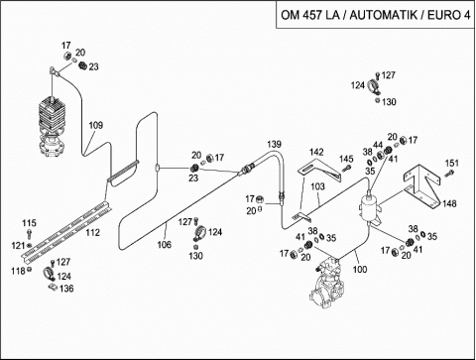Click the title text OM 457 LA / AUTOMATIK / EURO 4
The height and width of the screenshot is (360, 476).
(375, 15)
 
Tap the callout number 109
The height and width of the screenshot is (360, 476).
(96, 125)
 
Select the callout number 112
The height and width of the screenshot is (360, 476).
(93, 233)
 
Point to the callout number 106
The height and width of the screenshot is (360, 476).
(165, 245)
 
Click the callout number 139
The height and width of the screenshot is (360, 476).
(275, 144)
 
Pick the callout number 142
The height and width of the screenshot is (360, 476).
(316, 152)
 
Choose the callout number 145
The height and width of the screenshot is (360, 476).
(346, 159)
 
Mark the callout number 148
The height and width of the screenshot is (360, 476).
(449, 203)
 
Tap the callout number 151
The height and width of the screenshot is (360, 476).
(452, 164)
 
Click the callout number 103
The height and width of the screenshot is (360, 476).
(318, 186)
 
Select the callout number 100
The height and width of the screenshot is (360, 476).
(360, 270)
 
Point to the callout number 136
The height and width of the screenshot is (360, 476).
(66, 289)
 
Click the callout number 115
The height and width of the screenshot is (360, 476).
(29, 223)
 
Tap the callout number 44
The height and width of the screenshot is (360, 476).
(378, 145)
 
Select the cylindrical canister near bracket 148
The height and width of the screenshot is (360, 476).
(370, 209)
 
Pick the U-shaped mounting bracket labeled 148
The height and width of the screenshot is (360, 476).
(421, 185)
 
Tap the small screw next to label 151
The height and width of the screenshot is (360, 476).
(448, 174)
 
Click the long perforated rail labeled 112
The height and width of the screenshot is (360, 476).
(66, 230)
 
